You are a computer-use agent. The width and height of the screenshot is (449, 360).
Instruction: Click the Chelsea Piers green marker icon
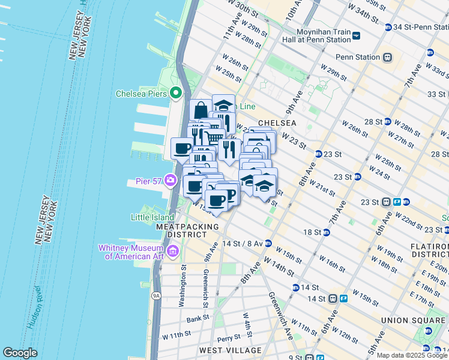pos(176,93)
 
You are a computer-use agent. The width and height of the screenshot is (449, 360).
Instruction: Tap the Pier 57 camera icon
pos(171,180)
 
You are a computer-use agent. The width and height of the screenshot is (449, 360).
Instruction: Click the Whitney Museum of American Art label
pos(134,252)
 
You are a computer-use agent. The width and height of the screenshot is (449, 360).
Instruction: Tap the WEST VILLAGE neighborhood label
pos(230,350)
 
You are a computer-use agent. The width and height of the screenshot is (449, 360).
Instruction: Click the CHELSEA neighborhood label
pos(277,122)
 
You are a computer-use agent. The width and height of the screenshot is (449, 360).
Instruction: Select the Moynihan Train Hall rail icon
pos(356,35)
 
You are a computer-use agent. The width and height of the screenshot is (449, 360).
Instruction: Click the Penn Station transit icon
pos(388,58)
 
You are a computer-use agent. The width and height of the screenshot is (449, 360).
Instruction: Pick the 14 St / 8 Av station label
pos(242,244)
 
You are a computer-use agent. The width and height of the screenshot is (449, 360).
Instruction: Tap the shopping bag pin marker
pos(200,110)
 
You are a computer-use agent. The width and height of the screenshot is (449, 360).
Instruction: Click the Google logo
pos(20,353)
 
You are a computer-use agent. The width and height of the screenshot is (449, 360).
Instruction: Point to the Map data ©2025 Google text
pos(412,355)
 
